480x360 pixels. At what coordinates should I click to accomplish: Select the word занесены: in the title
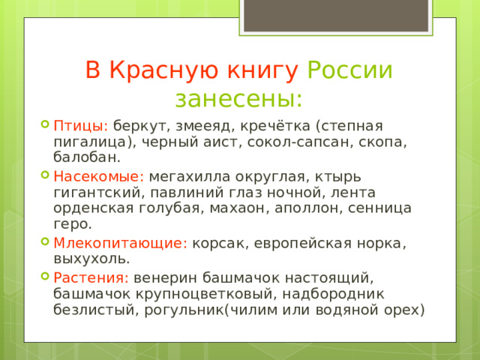point(239,98)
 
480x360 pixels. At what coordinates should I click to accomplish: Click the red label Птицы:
point(81,125)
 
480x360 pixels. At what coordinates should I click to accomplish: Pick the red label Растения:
point(91,277)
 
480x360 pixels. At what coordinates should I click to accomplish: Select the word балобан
point(85,158)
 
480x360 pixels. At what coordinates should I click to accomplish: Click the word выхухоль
point(91,259)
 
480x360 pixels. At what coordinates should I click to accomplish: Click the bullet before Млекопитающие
point(46,243)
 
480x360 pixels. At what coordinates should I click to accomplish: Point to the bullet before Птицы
point(46,125)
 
